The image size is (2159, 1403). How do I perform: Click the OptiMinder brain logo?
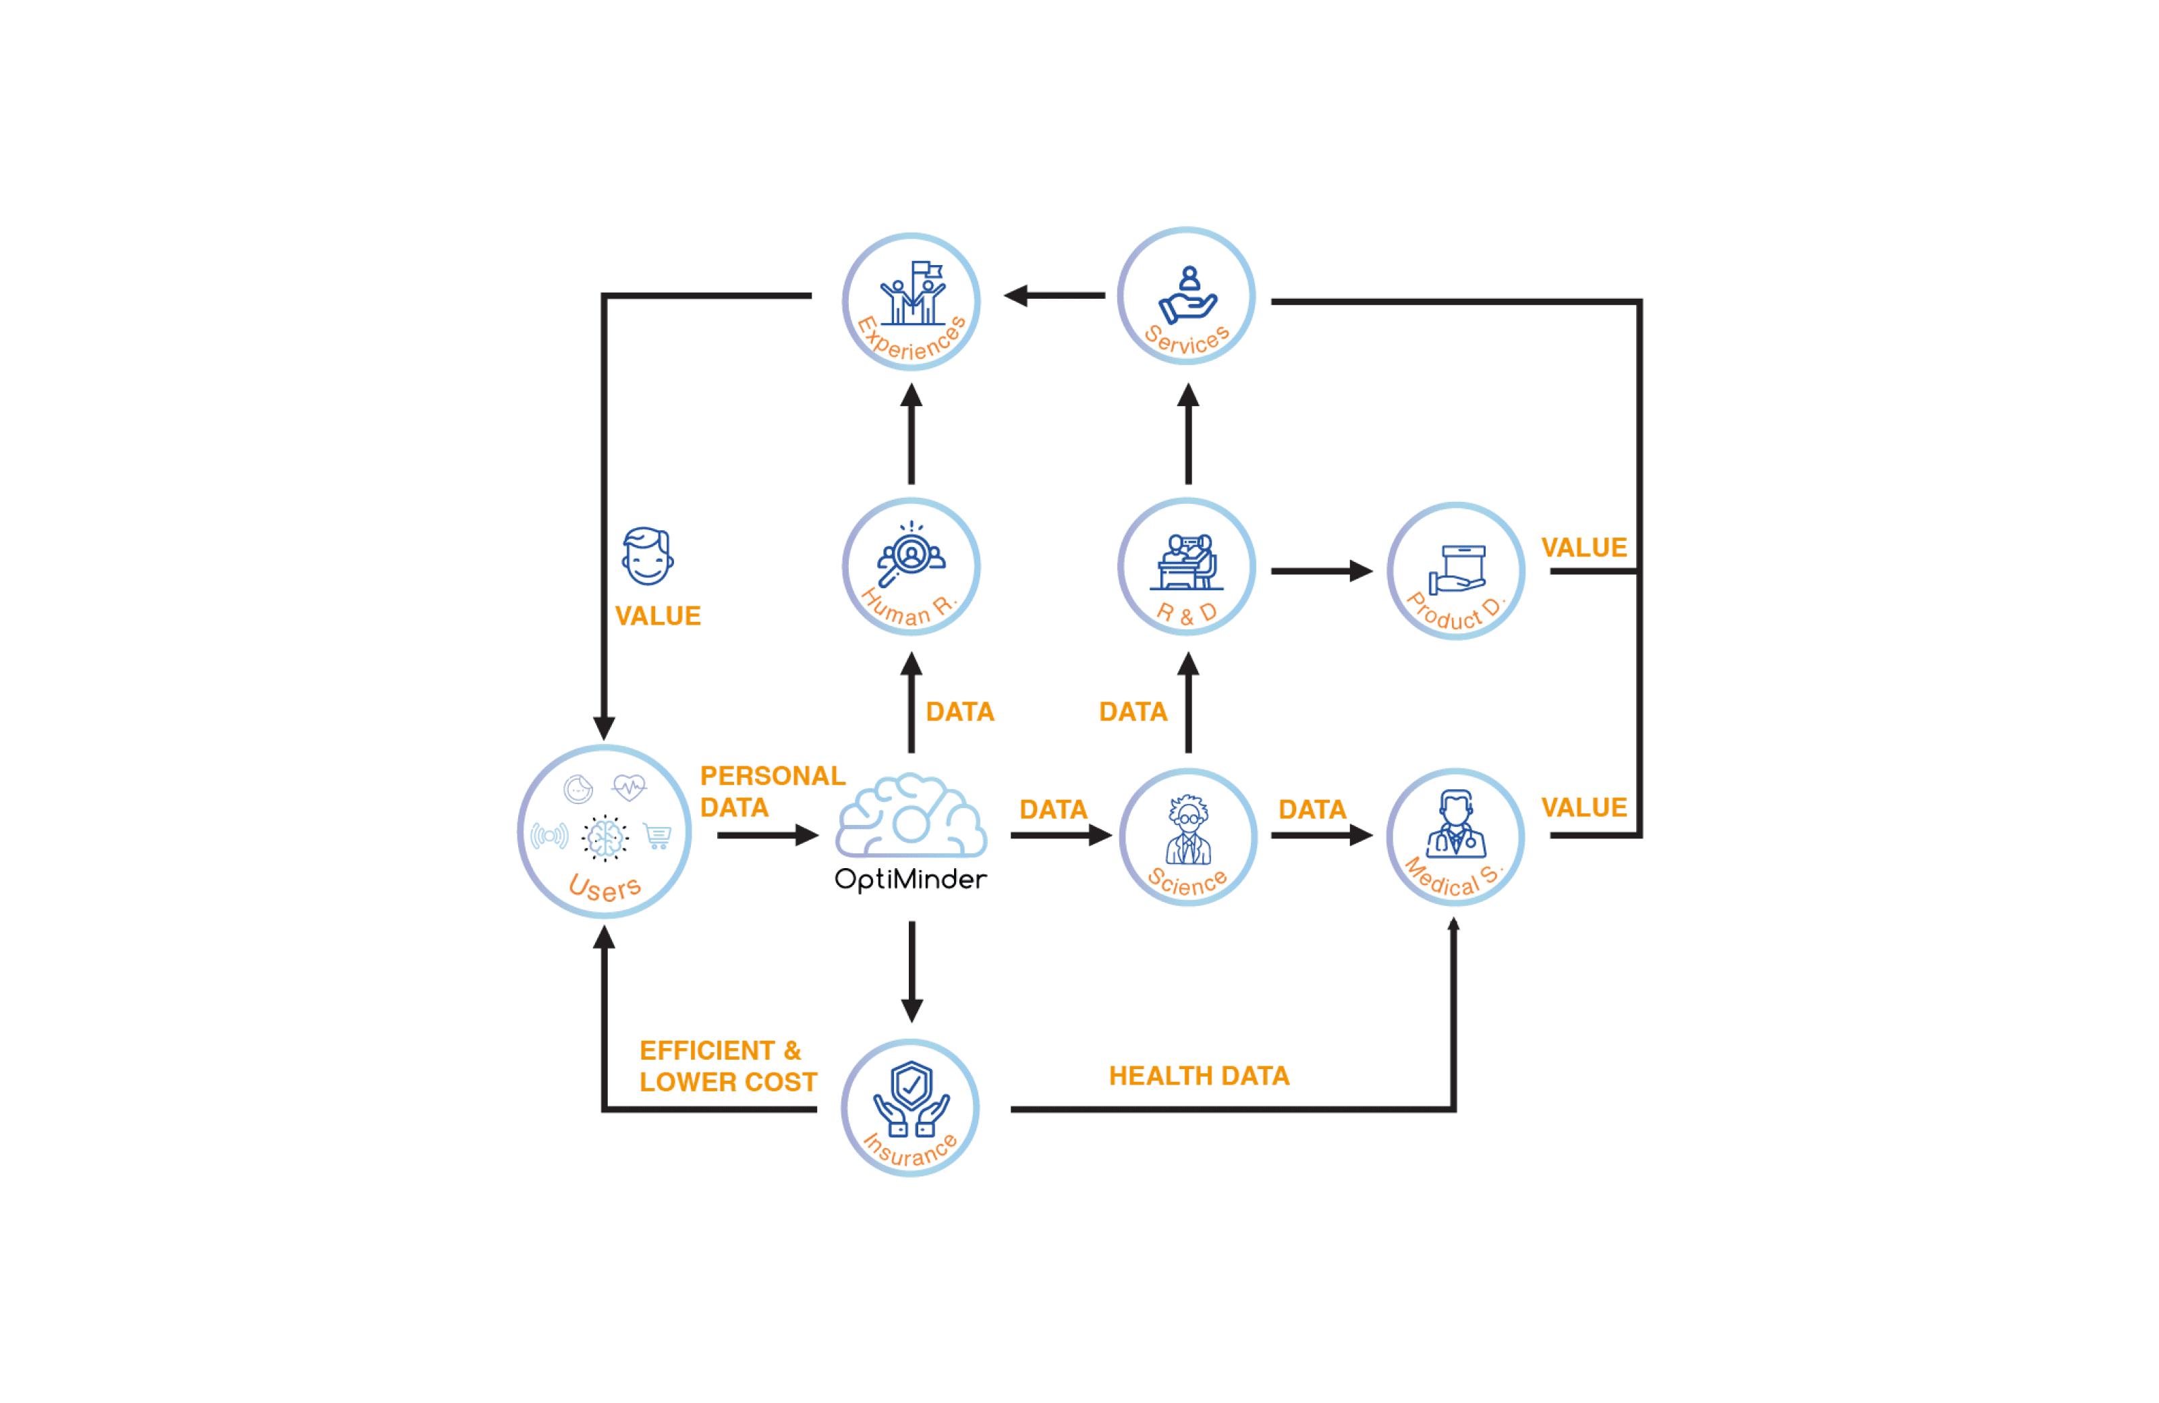pos(911,816)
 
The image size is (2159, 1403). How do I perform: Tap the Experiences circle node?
pos(911,302)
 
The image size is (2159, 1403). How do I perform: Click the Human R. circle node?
pos(911,567)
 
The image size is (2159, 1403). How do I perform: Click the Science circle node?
pos(1187,837)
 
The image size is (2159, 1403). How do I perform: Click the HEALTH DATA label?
pos(1198,1076)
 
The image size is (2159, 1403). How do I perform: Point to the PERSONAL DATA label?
pos(771,791)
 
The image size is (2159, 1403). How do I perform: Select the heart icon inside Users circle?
pos(629,786)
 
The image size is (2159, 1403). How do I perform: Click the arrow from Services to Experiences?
pos(1054,295)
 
